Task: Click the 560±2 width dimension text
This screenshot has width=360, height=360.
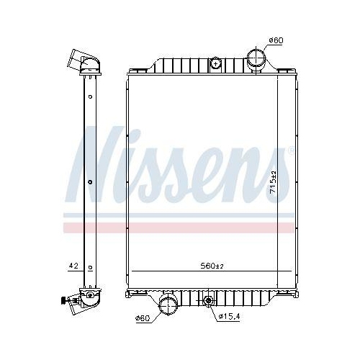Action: pyautogui.click(x=212, y=266)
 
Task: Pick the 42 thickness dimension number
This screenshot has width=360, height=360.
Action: pyautogui.click(x=73, y=266)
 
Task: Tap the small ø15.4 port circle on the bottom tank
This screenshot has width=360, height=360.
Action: pyautogui.click(x=209, y=300)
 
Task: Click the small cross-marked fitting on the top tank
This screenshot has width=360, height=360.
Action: pyautogui.click(x=215, y=65)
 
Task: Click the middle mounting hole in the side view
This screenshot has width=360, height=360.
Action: pyautogui.click(x=89, y=182)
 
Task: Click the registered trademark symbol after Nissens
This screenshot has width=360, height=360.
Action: pyautogui.click(x=290, y=150)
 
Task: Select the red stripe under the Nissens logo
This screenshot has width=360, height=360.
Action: pyautogui.click(x=180, y=227)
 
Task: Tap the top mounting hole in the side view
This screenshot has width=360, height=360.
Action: pyautogui.click(x=89, y=95)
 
